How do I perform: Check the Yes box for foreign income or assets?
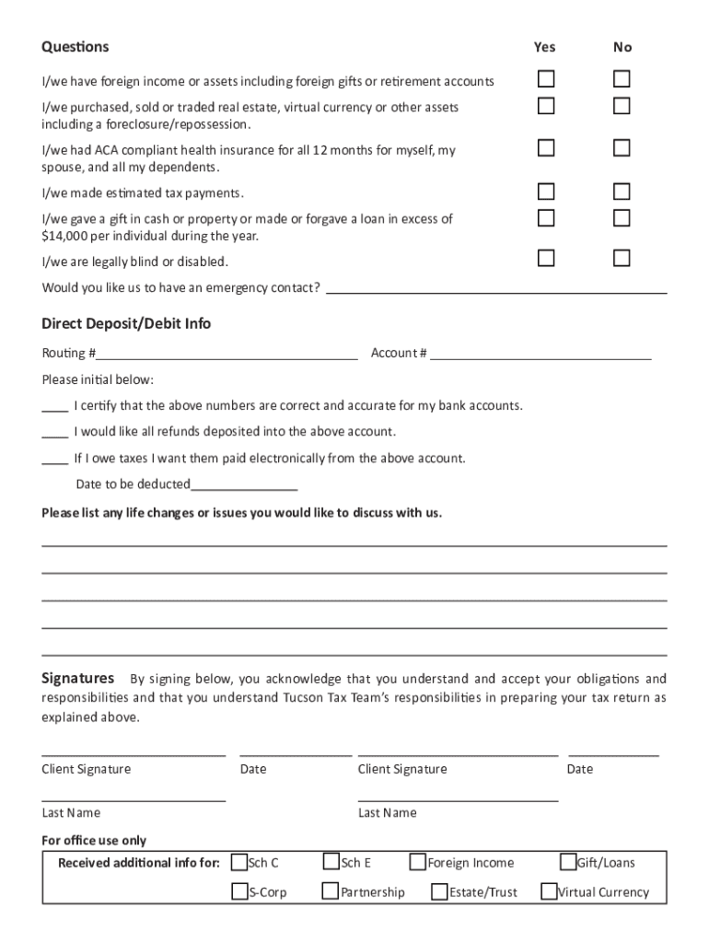click(x=546, y=78)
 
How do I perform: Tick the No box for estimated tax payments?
click(x=622, y=192)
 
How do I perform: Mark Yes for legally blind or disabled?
click(x=546, y=258)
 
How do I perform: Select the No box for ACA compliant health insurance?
click(x=622, y=147)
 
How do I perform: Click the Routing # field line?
click(x=227, y=355)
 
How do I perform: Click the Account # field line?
click(x=540, y=355)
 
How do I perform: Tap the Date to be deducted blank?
click(x=244, y=485)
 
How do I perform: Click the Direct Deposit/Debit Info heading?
click(x=126, y=323)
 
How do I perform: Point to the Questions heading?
click(x=75, y=46)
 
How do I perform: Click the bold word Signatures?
click(x=78, y=678)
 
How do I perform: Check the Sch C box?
click(x=238, y=863)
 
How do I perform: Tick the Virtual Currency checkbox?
click(x=549, y=891)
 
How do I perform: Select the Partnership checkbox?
click(x=331, y=891)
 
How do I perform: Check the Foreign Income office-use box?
click(x=418, y=863)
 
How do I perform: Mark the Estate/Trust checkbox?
click(x=439, y=891)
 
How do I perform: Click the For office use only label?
click(x=94, y=840)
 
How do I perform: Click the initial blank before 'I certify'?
click(x=54, y=407)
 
